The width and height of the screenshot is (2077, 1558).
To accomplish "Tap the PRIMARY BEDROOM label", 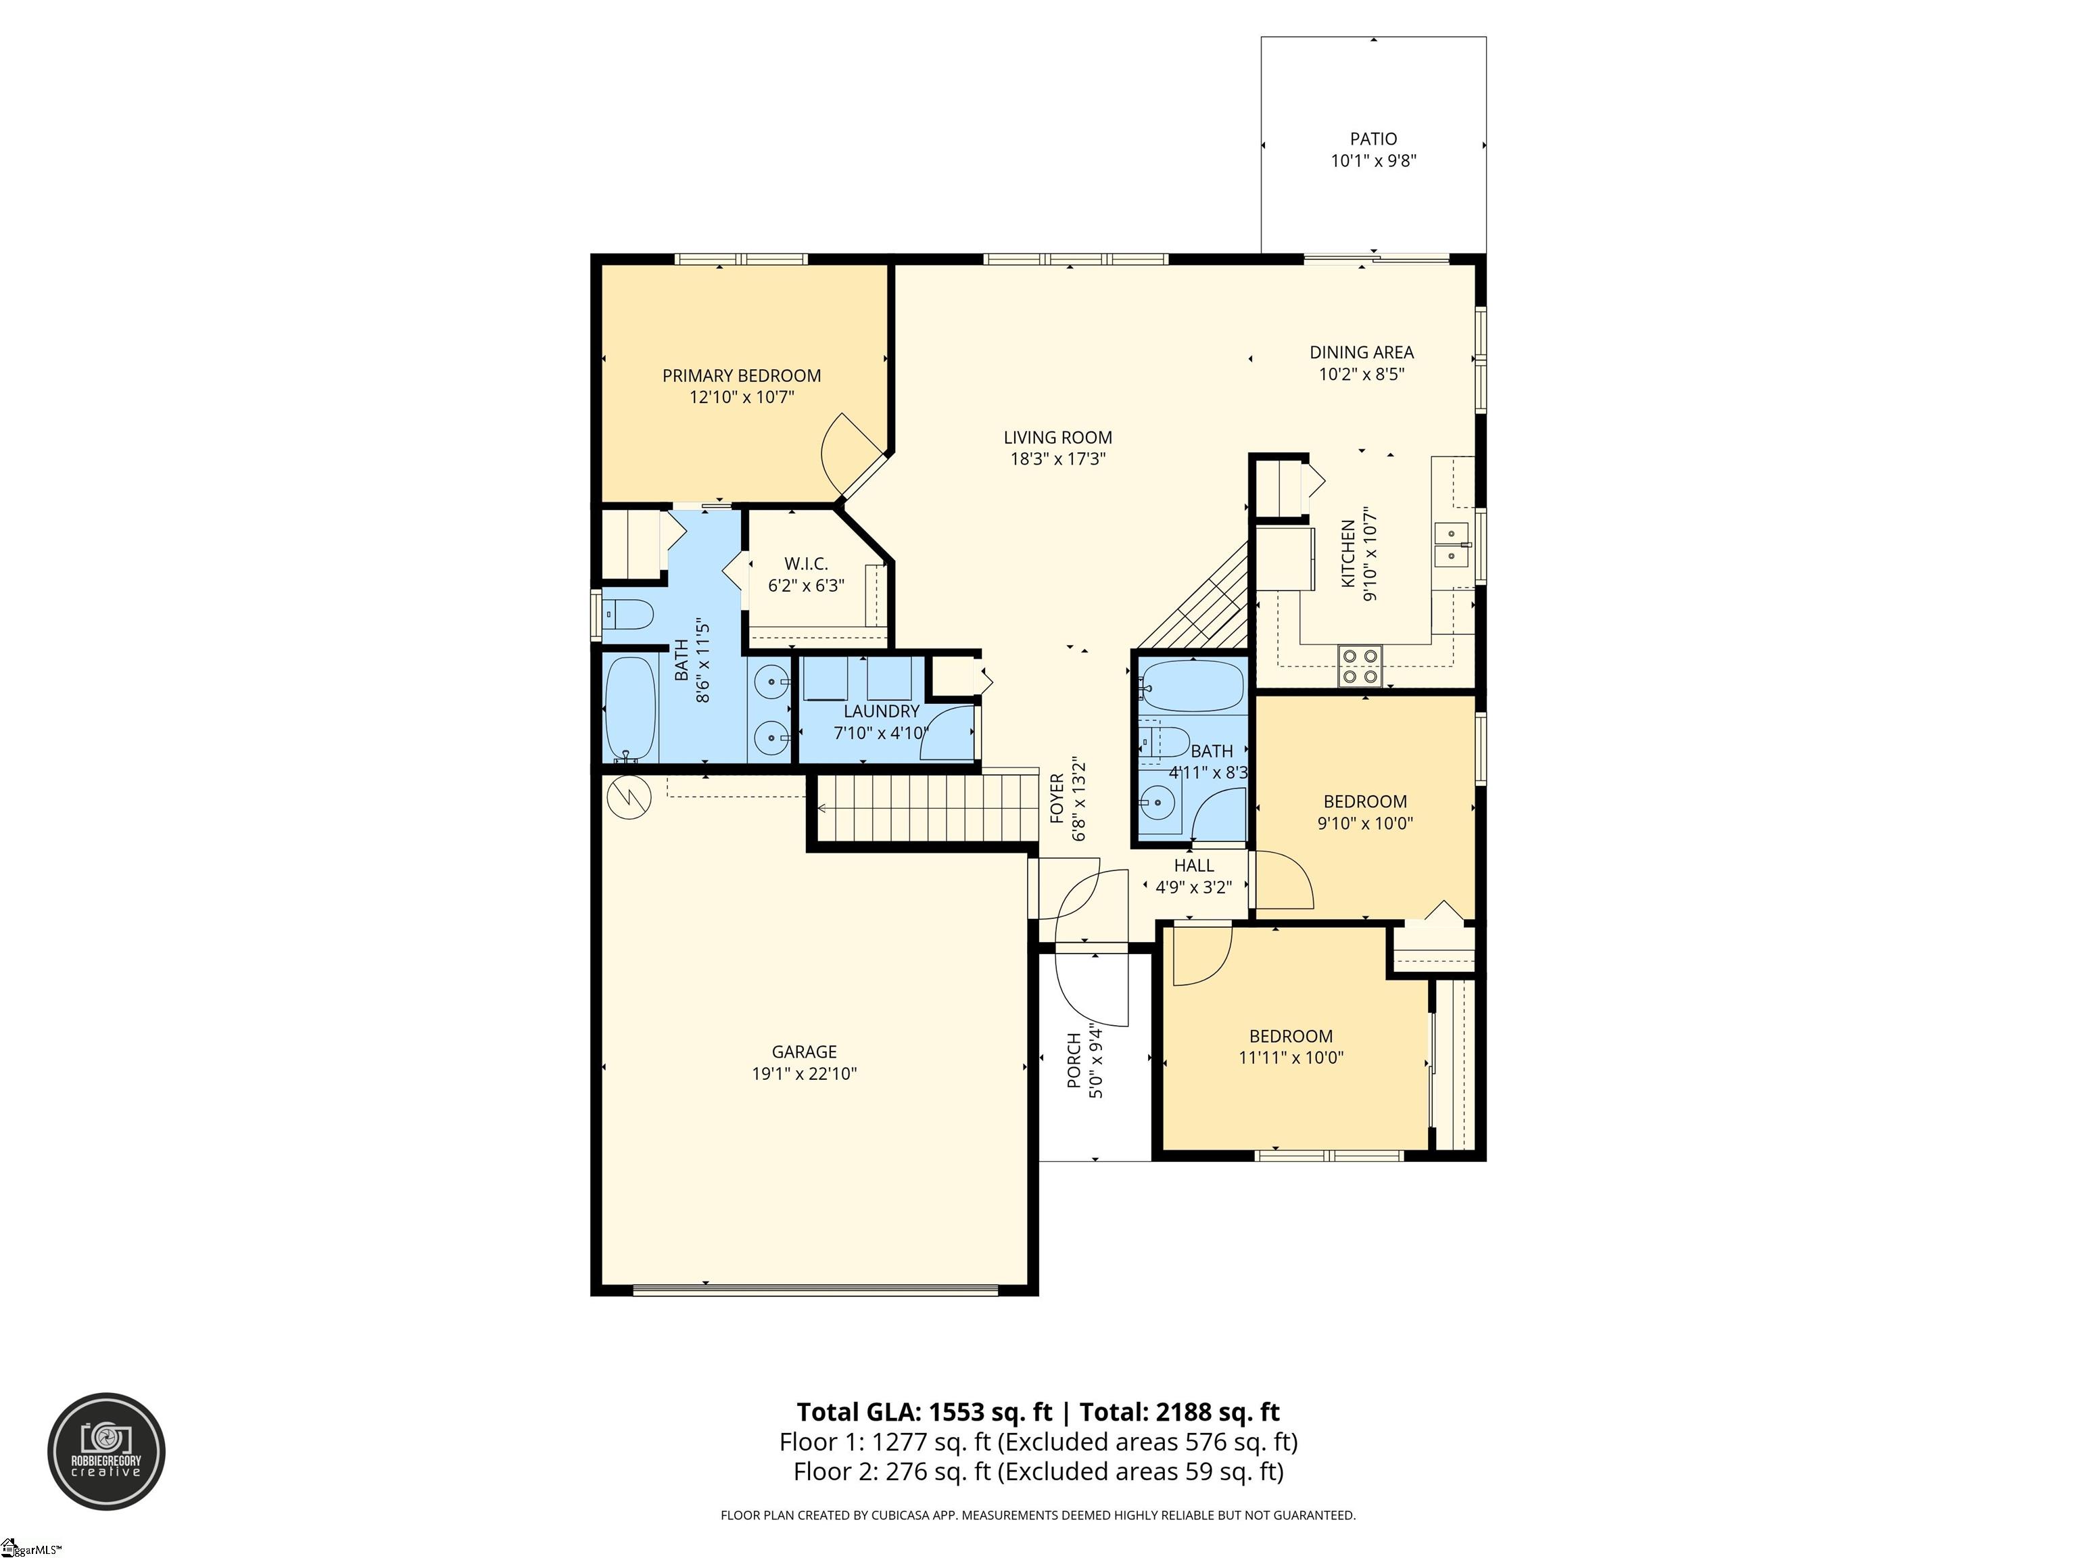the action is (x=742, y=376).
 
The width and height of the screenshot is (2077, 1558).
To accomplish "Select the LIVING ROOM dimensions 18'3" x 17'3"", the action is (x=1057, y=459).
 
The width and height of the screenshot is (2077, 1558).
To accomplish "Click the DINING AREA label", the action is (x=1362, y=352).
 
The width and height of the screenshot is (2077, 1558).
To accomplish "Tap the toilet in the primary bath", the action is (x=628, y=616).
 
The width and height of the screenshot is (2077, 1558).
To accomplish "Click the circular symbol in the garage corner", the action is (x=629, y=798).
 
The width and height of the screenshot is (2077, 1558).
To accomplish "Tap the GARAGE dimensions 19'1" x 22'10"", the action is (x=805, y=1073).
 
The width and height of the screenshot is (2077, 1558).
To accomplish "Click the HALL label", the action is (x=1193, y=865).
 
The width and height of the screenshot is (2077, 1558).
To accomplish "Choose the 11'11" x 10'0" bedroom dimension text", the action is (x=1291, y=1058).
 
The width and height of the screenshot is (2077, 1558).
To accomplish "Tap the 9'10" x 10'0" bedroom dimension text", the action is (x=1365, y=824).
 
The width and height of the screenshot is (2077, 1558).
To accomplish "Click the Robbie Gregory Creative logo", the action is (x=107, y=1451).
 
